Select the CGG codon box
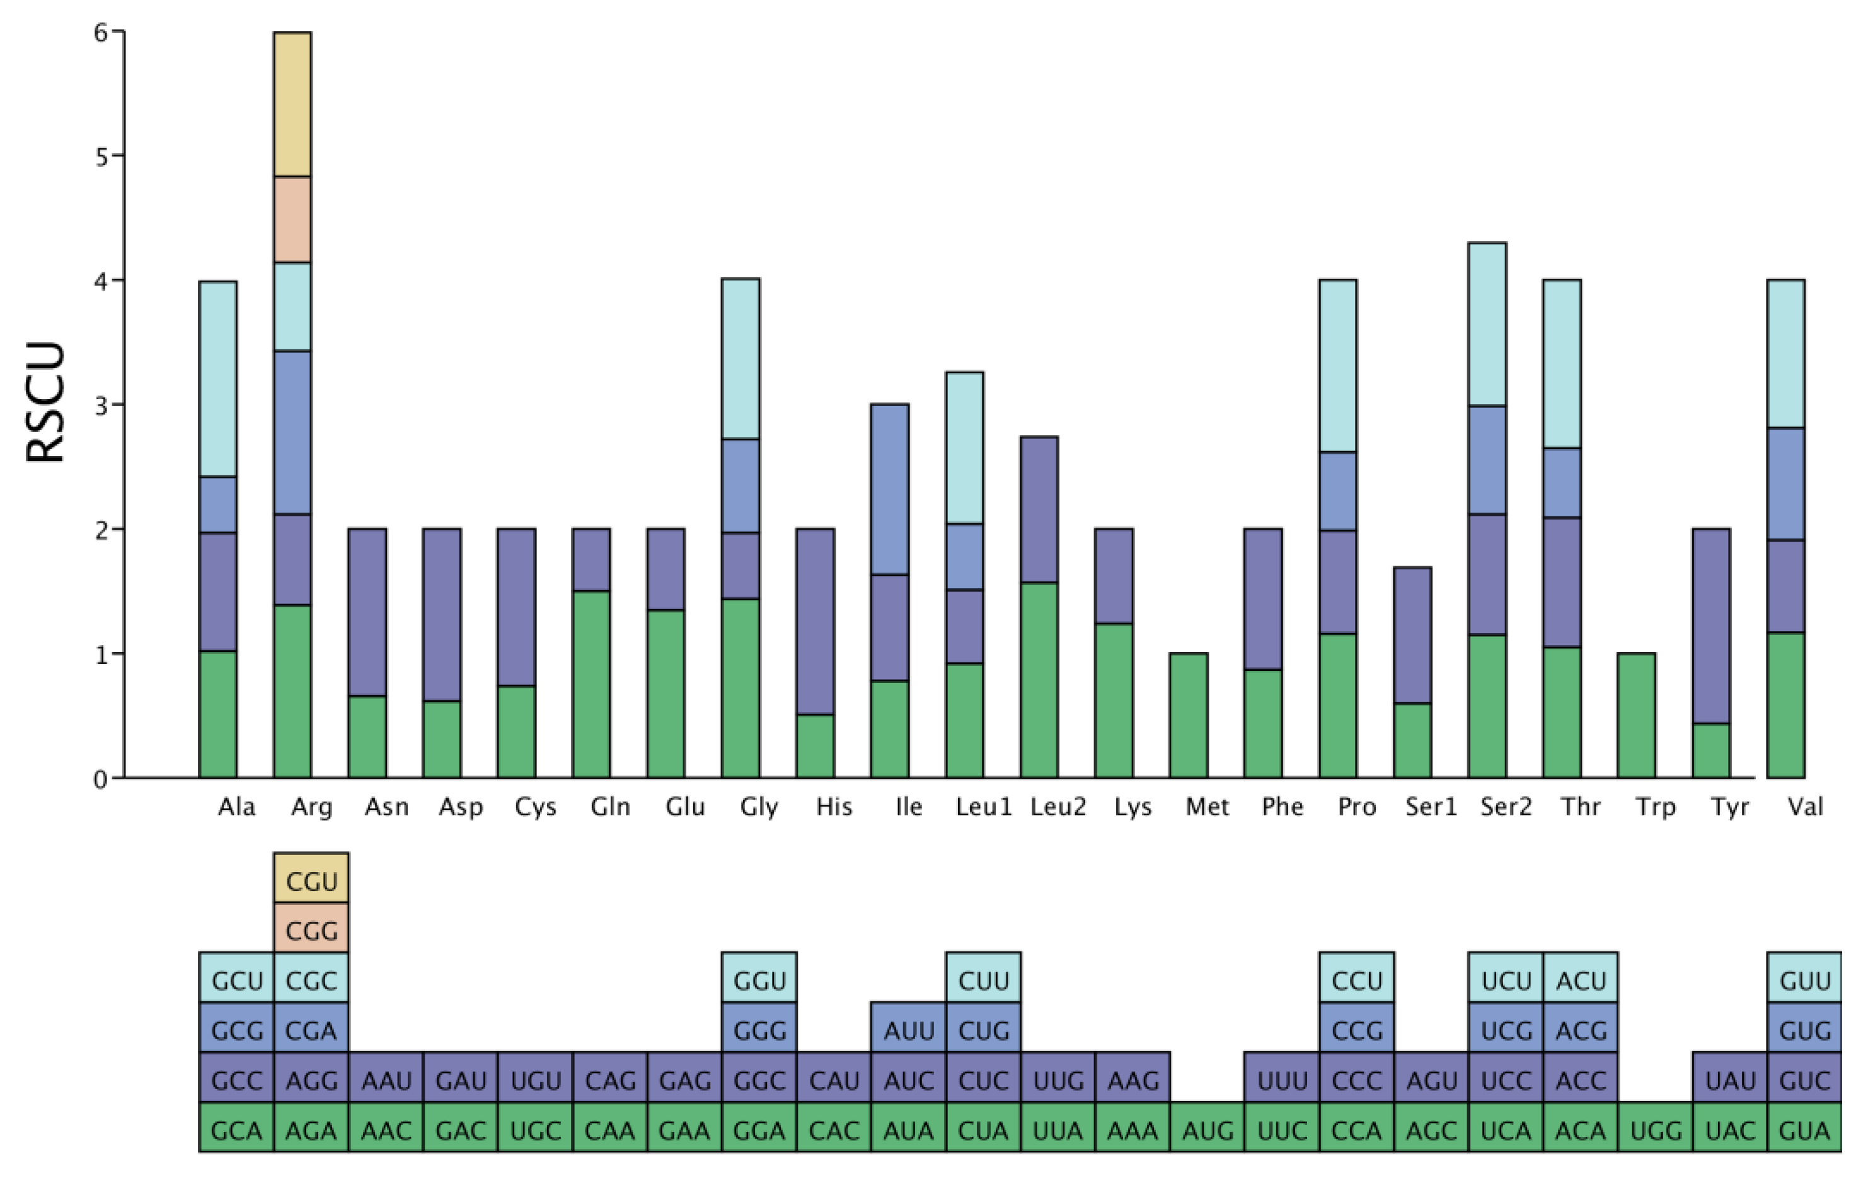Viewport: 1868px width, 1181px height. click(x=311, y=929)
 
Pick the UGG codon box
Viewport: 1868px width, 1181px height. click(x=1656, y=1129)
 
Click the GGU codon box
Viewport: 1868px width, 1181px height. click(x=759, y=979)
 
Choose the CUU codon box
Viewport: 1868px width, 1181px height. click(x=983, y=979)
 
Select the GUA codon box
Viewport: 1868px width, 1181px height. click(x=1804, y=1129)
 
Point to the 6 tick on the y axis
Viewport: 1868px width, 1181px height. click(x=100, y=33)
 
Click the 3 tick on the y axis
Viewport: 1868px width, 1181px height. click(x=100, y=405)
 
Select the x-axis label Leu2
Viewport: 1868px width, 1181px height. click(x=1058, y=808)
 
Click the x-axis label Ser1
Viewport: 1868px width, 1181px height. click(x=1431, y=808)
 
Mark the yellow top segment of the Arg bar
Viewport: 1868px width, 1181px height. click(x=292, y=105)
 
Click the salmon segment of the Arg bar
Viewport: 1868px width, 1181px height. click(x=292, y=219)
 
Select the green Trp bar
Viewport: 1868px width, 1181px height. click(x=1637, y=716)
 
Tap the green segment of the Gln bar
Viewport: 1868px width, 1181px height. click(x=591, y=684)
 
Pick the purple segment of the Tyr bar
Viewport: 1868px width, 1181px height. click(x=1711, y=626)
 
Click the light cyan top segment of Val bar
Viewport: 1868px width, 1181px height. click(x=1786, y=354)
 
